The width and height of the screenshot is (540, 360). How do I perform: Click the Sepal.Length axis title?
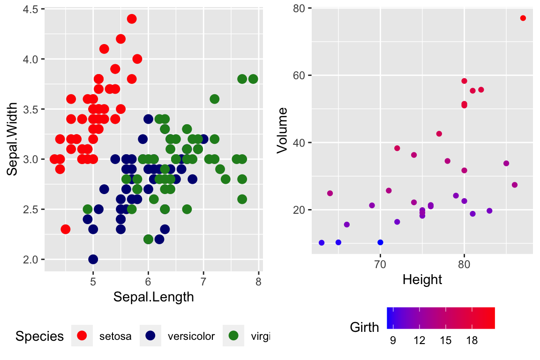[x=154, y=297]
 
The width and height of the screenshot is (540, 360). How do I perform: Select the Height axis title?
[x=422, y=280]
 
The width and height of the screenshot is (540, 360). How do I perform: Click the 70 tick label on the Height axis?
[x=380, y=265]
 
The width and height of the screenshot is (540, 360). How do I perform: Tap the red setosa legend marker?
[x=82, y=335]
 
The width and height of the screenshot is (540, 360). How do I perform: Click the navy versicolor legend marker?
[x=150, y=335]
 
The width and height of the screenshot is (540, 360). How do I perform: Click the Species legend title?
[x=40, y=336]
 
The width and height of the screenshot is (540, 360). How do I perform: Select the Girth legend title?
[x=364, y=327]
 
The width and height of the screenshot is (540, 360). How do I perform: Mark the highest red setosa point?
[x=132, y=19]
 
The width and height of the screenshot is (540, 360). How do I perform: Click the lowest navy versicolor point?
[x=93, y=259]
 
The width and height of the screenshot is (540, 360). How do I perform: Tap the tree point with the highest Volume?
[x=523, y=18]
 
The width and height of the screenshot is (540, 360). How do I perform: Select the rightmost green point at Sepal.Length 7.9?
[x=253, y=79]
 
